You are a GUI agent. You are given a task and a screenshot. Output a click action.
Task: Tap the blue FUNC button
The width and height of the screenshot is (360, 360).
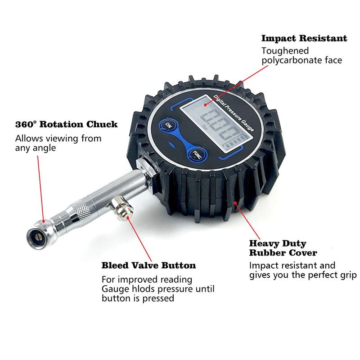(x=198, y=155)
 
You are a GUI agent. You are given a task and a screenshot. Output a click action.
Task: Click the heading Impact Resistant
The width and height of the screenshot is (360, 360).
(x=304, y=38)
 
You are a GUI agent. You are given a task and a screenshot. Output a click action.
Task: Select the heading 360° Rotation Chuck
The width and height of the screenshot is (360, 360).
(x=66, y=125)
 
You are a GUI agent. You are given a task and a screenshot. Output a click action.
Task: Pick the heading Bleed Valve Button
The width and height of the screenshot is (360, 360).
(x=148, y=265)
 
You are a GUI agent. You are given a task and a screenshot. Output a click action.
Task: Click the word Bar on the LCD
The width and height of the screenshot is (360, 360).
(x=205, y=126)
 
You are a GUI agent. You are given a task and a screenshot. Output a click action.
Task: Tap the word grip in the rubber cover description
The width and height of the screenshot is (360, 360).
(x=348, y=275)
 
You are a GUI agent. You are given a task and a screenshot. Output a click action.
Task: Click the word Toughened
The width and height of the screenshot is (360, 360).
(x=285, y=51)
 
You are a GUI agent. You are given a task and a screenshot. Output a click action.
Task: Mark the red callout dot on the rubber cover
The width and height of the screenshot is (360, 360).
(x=235, y=203)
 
